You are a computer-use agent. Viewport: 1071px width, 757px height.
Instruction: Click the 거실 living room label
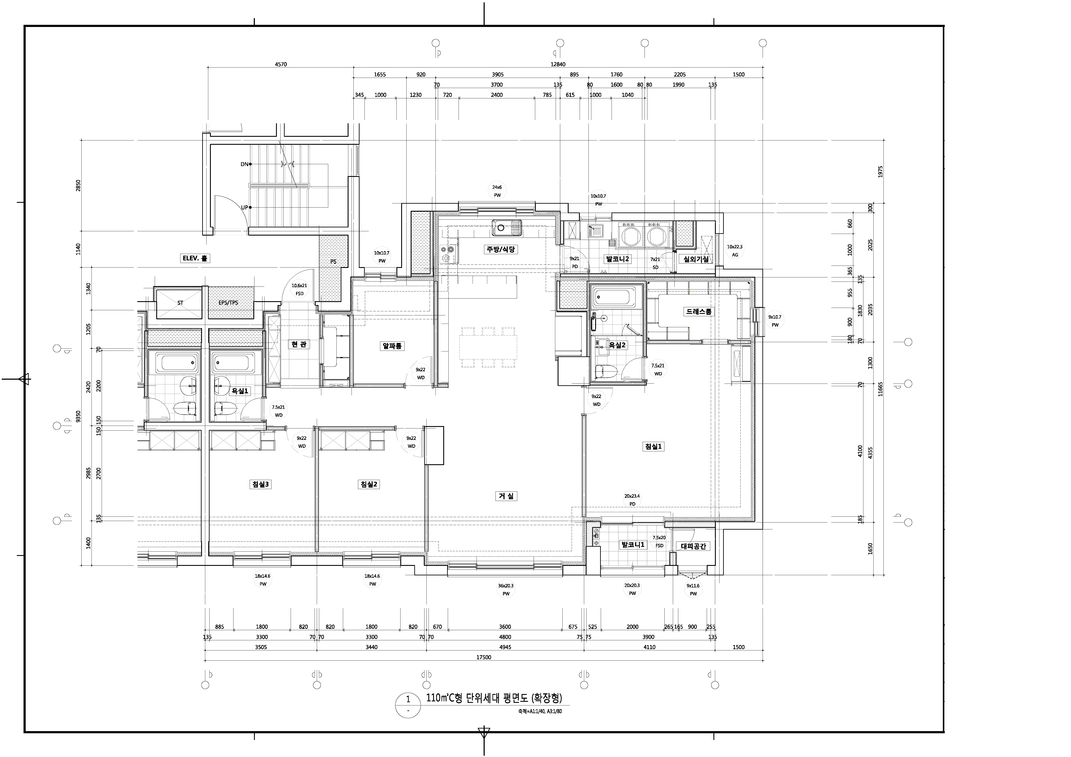coord(506,496)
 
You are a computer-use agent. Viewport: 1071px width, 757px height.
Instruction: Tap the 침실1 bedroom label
coord(653,446)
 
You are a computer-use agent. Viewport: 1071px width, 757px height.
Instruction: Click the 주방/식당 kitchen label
coord(500,250)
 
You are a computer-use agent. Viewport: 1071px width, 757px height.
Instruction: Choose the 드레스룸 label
coord(698,312)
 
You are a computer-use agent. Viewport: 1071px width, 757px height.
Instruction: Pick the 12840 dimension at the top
coord(558,64)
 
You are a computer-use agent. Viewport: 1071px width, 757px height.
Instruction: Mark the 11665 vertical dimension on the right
coord(880,389)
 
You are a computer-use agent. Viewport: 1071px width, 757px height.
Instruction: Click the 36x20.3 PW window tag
coord(506,590)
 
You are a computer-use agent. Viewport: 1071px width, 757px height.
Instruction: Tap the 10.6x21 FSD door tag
coord(300,289)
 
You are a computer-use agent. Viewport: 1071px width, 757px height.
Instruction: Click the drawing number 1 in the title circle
coord(408,699)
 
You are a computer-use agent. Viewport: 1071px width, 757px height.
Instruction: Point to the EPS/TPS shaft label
coord(229,303)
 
